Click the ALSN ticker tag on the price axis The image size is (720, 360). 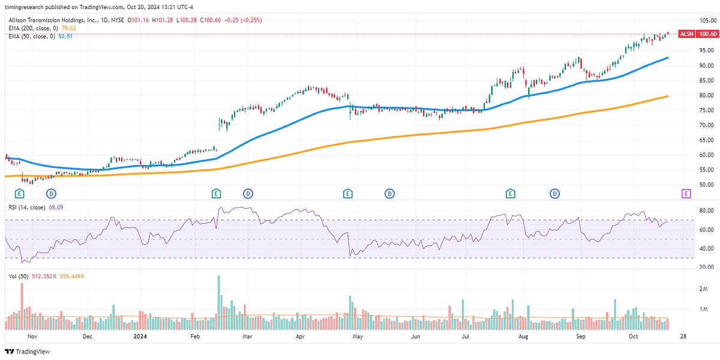pyautogui.click(x=686, y=34)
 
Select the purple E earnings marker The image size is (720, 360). pyautogui.click(x=686, y=193)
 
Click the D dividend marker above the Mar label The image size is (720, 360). pyautogui.click(x=248, y=193)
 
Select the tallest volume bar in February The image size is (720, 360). pyautogui.click(x=219, y=302)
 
